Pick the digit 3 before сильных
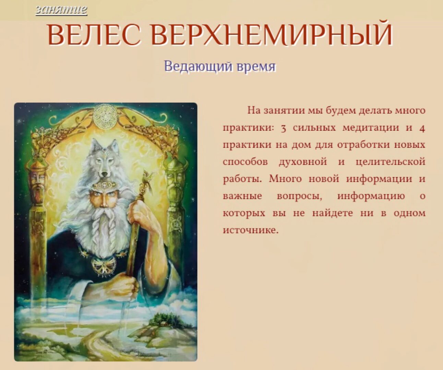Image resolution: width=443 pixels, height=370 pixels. click(283, 128)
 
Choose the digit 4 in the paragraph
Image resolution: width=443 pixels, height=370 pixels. click(422, 128)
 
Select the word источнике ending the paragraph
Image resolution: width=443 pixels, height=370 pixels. click(250, 230)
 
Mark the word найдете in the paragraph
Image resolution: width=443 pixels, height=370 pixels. click(332, 213)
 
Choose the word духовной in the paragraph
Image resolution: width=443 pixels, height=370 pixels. click(303, 162)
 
